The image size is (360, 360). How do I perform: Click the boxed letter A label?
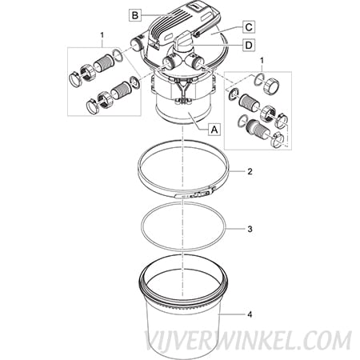[x=214, y=130]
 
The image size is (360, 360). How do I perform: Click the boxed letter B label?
[x=135, y=15]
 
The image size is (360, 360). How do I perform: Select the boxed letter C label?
[x=249, y=27]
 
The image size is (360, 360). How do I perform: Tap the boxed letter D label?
[x=249, y=45]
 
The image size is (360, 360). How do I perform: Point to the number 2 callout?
[x=250, y=171]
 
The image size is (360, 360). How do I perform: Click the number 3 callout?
[x=250, y=229]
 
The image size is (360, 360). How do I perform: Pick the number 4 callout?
[x=250, y=314]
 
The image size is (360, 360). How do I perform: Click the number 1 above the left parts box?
[x=102, y=35]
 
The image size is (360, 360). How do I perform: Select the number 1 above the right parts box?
[x=262, y=61]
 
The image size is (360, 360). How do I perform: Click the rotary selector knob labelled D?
[x=183, y=39]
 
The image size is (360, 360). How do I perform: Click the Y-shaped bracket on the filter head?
[x=182, y=90]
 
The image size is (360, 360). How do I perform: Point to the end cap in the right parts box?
[x=271, y=86]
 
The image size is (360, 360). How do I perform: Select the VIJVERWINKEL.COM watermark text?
[x=248, y=341]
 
